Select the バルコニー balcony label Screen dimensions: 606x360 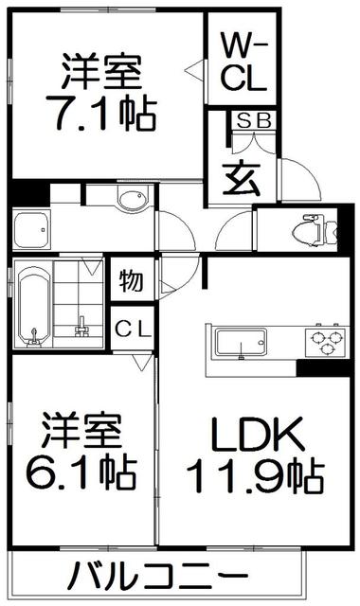158,577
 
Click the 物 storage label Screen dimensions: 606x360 131,281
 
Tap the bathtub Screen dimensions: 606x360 33,306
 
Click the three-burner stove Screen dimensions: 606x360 326,341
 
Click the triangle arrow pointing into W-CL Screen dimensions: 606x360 191,69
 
